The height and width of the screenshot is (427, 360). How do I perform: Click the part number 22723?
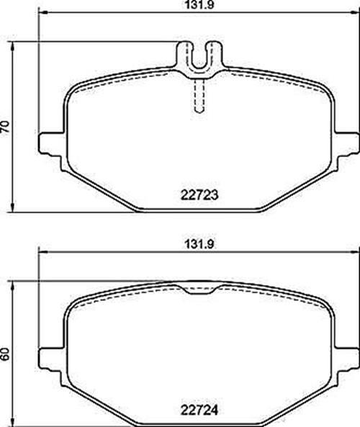(199, 195)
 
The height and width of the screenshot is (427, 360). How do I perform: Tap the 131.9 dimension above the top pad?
(199, 5)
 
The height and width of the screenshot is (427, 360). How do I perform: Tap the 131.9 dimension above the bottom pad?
(199, 244)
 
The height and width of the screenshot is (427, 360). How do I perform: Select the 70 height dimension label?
(5, 127)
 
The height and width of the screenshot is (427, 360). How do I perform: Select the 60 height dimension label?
(5, 354)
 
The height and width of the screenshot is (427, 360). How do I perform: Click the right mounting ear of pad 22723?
(346, 144)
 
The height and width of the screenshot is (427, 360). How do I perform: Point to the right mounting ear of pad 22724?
(346, 359)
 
